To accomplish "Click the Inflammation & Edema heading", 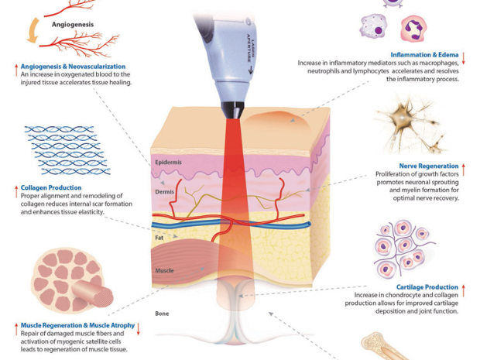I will (424, 55).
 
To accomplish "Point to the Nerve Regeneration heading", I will (428, 166).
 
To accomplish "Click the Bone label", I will (161, 314).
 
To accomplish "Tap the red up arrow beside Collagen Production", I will (15, 188).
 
